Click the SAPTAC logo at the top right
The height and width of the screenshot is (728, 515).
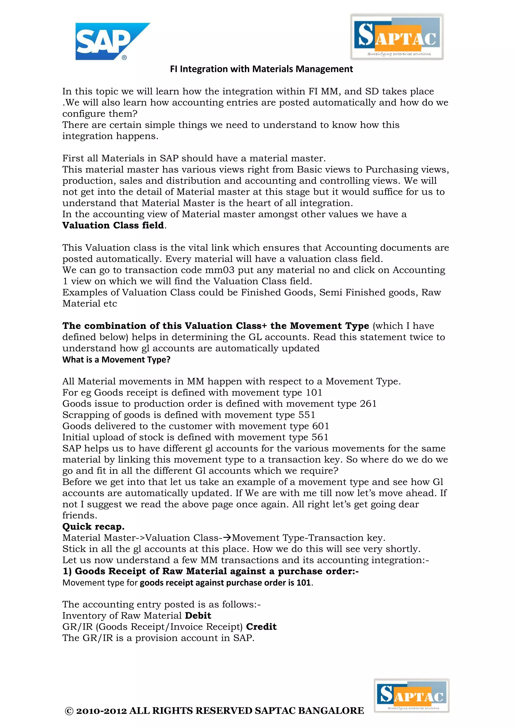397,36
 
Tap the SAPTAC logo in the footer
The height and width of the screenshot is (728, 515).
411,696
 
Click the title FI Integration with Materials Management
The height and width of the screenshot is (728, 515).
261,69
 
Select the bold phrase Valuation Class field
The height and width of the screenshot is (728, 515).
113,225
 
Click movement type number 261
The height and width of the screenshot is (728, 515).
368,404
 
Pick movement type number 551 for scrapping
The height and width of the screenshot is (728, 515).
307,415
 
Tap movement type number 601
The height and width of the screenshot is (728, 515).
321,426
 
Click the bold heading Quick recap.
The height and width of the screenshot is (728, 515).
93,527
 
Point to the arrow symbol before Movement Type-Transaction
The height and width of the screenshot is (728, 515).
227,537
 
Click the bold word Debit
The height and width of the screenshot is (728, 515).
198,616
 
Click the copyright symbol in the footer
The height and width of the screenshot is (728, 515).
69,711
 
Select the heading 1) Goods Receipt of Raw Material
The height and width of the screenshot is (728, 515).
210,571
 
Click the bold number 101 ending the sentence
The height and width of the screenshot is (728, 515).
304,583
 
